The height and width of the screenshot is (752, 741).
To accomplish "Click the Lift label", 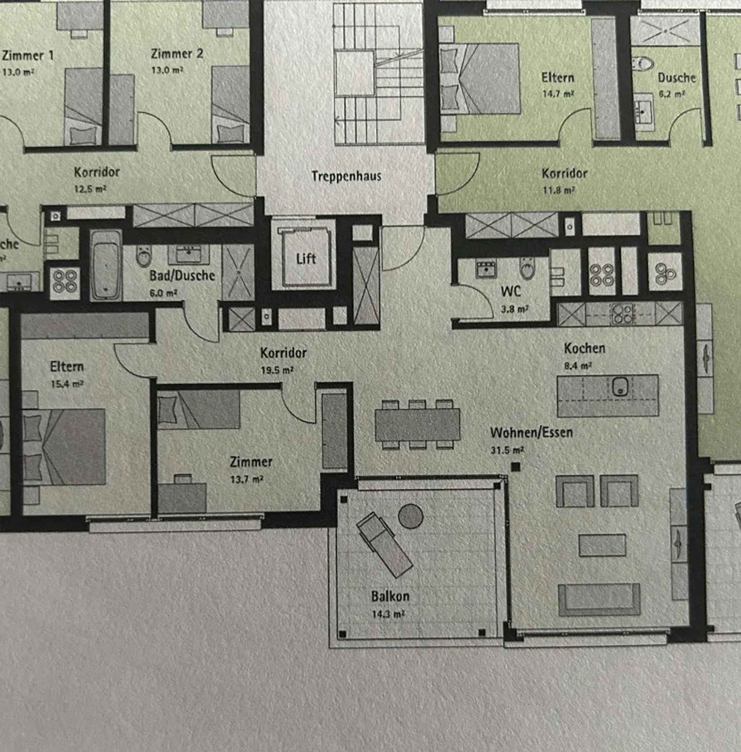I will point(306,258).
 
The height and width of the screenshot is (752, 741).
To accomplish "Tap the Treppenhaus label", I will point(346,176).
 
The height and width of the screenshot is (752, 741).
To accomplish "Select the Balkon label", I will point(390,596).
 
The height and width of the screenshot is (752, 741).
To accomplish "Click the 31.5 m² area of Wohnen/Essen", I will point(507,450).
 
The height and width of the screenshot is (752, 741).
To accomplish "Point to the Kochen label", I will point(585,348).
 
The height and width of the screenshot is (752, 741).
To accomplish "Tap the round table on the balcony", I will point(411,516).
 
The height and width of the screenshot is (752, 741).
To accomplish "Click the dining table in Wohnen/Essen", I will point(417,424).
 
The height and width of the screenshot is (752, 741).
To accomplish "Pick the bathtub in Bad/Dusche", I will point(107,265).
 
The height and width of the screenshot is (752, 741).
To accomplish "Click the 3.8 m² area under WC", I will point(514,309).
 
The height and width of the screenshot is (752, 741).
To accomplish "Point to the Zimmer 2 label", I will point(177,53).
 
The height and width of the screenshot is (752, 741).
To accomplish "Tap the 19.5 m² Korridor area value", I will point(277,370).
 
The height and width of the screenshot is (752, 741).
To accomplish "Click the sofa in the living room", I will point(599,599).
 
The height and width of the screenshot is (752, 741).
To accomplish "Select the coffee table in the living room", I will point(602,545).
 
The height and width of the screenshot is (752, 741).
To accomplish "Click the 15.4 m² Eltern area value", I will point(67,384).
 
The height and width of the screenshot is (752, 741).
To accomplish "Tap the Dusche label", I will point(676,78).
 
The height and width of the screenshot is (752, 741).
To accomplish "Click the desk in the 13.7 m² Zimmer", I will point(182,497).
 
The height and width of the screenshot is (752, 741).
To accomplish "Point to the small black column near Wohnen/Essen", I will point(516,467).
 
